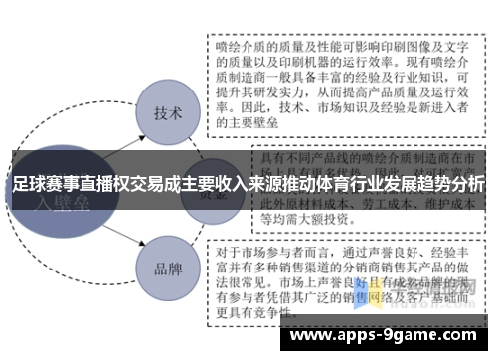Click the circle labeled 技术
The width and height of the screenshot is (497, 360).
167,111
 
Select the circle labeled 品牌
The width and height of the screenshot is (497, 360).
167,268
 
